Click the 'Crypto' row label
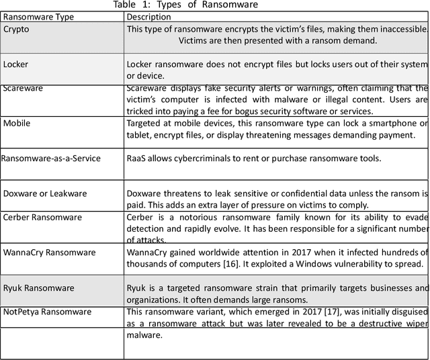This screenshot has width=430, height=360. click(x=16, y=30)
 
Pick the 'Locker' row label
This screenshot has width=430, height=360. click(x=16, y=64)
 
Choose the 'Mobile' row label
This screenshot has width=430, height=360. click(x=17, y=123)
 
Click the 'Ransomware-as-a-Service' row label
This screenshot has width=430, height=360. click(x=51, y=159)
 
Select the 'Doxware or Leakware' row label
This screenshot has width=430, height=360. click(x=45, y=193)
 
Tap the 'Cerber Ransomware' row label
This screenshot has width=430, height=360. click(x=42, y=218)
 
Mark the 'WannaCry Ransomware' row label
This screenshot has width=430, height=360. click(x=49, y=253)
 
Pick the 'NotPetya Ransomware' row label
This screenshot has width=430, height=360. click(x=48, y=312)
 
